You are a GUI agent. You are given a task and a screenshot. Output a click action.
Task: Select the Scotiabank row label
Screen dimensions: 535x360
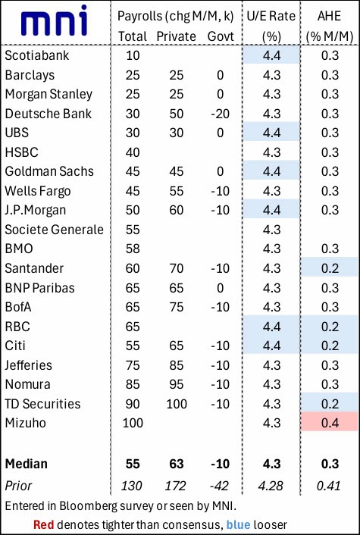click(36, 55)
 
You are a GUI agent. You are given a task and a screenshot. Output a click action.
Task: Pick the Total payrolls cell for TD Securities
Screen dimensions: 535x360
click(133, 403)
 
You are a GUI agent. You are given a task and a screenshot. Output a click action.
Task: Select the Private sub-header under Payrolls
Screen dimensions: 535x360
click(175, 36)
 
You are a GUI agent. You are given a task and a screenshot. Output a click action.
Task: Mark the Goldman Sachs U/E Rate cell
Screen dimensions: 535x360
click(271, 171)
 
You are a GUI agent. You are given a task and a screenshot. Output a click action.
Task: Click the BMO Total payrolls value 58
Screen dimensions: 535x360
click(133, 249)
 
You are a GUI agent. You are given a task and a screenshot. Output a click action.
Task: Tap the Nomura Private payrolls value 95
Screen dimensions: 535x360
click(175, 384)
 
